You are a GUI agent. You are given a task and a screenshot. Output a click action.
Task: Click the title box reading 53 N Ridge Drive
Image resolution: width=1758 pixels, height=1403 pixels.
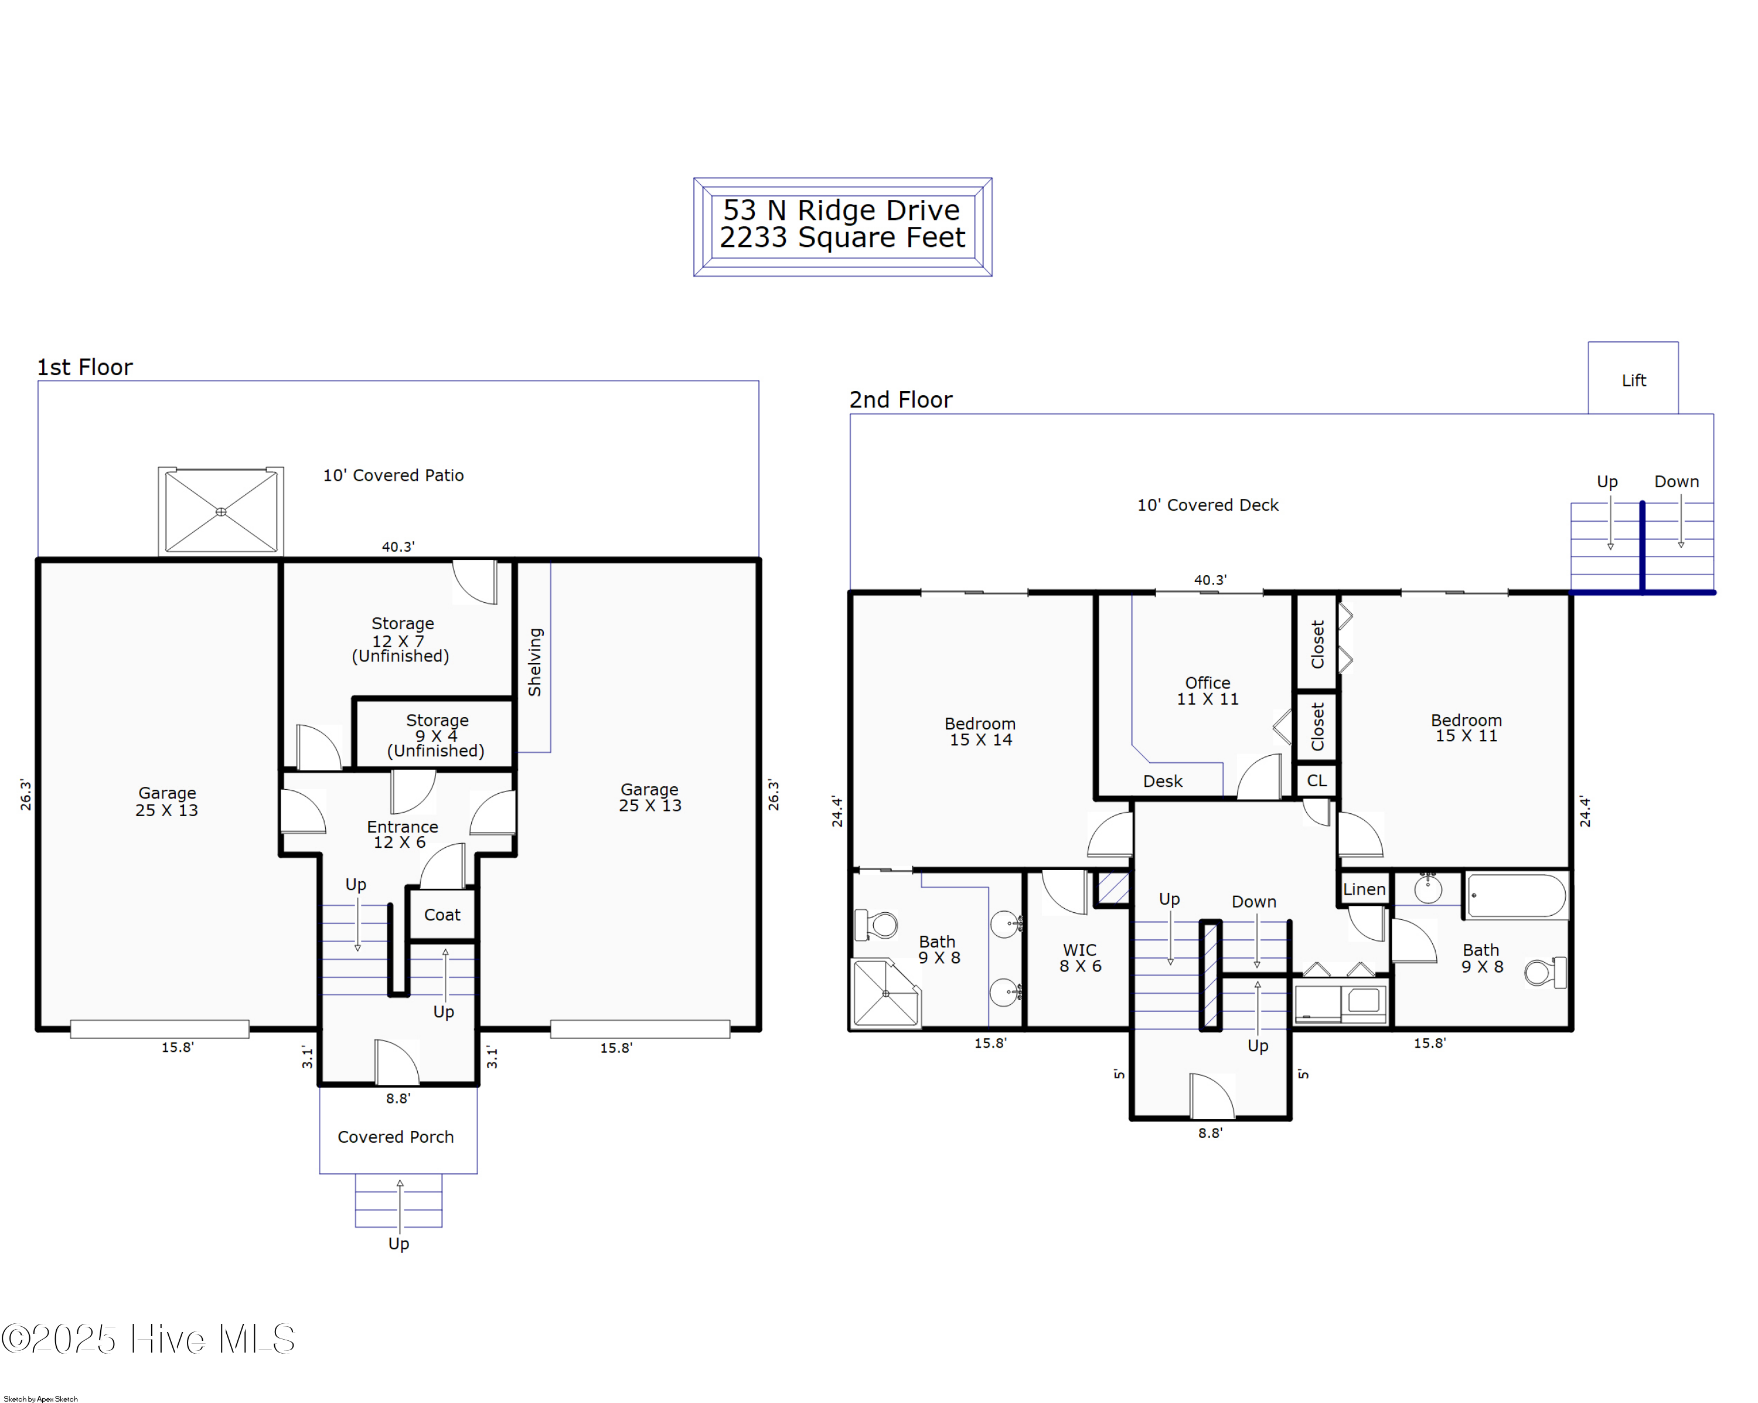pyautogui.click(x=842, y=227)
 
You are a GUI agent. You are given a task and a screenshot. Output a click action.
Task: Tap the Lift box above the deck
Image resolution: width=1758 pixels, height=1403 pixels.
pyautogui.click(x=1633, y=378)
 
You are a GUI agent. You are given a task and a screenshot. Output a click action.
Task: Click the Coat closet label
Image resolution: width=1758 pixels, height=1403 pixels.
pyautogui.click(x=442, y=915)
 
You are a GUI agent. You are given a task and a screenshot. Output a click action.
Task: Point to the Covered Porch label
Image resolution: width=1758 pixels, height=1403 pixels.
pyautogui.click(x=396, y=1136)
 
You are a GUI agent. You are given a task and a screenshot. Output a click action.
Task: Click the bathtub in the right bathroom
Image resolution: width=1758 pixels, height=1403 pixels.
pyautogui.click(x=1517, y=896)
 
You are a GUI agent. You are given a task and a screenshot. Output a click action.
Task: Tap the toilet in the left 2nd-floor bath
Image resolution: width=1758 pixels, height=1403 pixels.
pyautogui.click(x=875, y=925)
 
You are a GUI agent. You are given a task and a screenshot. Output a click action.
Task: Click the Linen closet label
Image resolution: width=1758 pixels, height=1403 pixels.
pyautogui.click(x=1364, y=889)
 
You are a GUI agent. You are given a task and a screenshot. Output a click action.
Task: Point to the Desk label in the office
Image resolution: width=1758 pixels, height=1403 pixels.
pyautogui.click(x=1162, y=780)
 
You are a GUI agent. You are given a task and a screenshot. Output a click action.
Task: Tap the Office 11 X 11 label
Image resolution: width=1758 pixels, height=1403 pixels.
pyautogui.click(x=1208, y=690)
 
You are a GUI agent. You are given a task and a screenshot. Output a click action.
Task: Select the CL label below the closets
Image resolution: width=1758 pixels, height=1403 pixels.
pyautogui.click(x=1316, y=780)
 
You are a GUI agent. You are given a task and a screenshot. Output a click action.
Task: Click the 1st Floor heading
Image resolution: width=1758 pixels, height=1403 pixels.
pyautogui.click(x=85, y=367)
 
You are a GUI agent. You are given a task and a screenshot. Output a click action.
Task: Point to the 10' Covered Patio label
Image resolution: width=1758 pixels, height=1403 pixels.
pyautogui.click(x=393, y=475)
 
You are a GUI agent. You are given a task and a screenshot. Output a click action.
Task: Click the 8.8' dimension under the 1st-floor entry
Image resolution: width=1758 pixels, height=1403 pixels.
pyautogui.click(x=398, y=1098)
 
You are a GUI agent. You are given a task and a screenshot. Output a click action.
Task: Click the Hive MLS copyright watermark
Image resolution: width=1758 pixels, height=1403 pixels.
pyautogui.click(x=148, y=1339)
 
